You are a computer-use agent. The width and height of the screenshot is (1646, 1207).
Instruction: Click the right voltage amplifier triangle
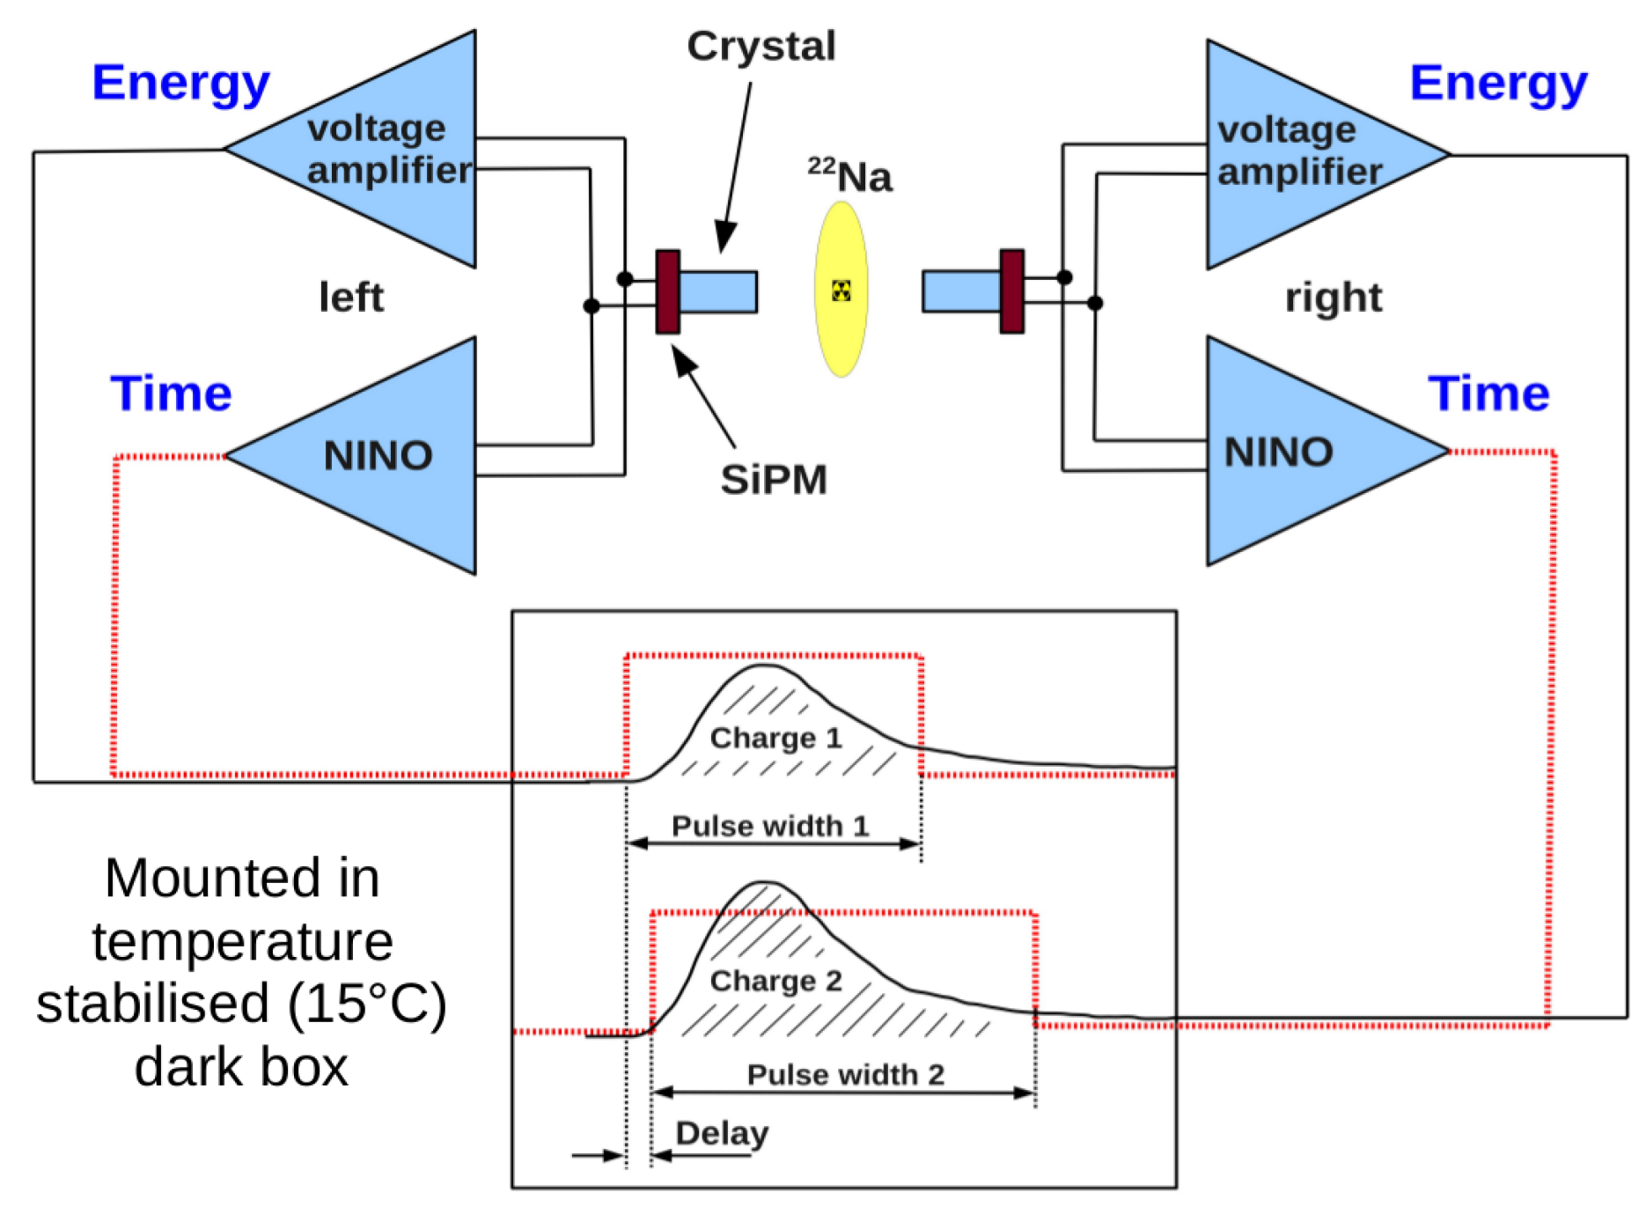coord(1294,154)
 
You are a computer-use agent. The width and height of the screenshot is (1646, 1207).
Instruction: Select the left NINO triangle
coord(387,456)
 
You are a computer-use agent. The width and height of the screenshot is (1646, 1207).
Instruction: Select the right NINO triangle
coord(1294,452)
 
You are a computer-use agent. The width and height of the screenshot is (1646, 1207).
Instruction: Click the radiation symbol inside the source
coord(841,291)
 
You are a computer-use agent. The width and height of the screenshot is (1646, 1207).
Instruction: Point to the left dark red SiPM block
coord(668,291)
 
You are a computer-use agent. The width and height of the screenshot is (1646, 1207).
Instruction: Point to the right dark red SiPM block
coord(1012,291)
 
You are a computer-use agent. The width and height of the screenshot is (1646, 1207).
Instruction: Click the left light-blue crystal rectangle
coord(718,291)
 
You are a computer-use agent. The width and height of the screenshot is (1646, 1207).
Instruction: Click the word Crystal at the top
coord(761,46)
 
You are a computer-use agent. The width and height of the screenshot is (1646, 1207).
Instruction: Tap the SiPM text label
coord(774,480)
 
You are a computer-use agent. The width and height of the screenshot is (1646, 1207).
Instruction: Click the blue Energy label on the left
coord(180,84)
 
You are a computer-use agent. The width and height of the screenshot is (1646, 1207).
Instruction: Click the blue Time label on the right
coord(1488,393)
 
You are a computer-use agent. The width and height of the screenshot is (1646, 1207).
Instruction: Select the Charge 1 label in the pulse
coord(775,738)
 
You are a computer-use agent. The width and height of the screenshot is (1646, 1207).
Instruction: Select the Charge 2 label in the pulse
coord(775,981)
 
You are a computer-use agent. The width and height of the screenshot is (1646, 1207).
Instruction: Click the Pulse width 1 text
coord(770,826)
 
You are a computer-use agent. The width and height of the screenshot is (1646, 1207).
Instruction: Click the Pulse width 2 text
coord(845,1074)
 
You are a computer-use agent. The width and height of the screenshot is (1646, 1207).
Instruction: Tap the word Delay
coord(722,1133)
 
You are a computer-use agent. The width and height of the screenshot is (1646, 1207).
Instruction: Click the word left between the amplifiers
coord(351,297)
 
